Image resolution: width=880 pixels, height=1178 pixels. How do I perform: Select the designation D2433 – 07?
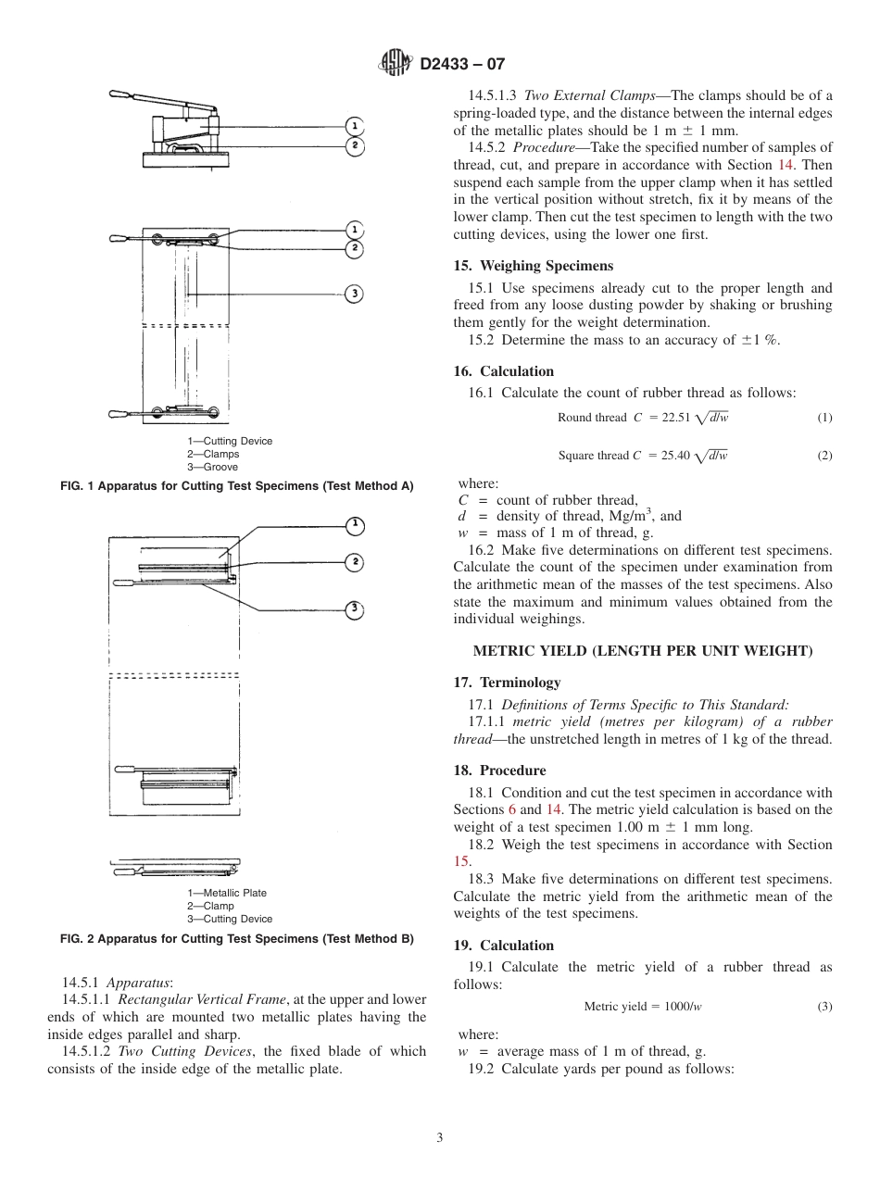click(462, 65)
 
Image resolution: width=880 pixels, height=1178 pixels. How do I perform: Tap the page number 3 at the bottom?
click(439, 1137)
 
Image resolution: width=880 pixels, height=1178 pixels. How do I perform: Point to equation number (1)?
click(823, 418)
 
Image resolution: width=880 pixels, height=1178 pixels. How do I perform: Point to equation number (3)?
click(823, 1007)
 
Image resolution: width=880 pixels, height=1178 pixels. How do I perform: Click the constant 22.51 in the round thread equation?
click(676, 418)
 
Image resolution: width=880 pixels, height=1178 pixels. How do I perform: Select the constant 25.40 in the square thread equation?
click(675, 456)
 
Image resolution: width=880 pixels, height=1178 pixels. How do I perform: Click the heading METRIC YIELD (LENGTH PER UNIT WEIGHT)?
click(643, 651)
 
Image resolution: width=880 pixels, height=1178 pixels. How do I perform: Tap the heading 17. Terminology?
click(507, 683)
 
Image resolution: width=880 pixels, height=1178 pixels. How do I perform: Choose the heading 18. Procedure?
click(499, 771)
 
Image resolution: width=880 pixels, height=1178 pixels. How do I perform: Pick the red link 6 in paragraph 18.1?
click(524, 809)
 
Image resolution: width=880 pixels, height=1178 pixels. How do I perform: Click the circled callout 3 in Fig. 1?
click(354, 294)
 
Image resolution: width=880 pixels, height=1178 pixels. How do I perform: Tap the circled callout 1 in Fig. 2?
click(354, 526)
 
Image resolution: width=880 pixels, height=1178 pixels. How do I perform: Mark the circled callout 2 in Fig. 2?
click(354, 562)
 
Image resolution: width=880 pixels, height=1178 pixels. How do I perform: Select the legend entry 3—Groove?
click(212, 467)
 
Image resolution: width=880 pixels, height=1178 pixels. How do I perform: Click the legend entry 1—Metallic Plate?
click(226, 893)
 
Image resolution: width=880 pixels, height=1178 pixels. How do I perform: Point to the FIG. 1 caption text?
click(236, 486)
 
